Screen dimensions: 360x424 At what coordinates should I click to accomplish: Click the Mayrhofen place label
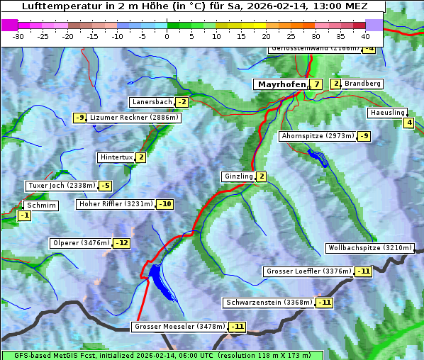click(281, 84)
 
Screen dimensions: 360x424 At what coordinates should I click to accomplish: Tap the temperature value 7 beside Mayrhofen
click(316, 84)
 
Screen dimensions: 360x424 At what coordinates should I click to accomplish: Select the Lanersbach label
click(152, 102)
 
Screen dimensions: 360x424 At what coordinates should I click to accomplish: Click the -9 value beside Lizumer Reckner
click(80, 118)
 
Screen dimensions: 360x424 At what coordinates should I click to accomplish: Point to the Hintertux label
click(116, 157)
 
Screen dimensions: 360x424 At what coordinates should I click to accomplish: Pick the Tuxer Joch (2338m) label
click(61, 186)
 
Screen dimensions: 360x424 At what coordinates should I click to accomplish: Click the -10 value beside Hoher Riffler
click(164, 204)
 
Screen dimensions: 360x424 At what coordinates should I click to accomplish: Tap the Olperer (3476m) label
click(81, 243)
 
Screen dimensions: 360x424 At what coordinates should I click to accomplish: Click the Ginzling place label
click(238, 176)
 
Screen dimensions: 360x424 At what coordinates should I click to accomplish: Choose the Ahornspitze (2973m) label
click(318, 135)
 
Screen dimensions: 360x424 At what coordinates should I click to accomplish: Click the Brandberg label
click(363, 84)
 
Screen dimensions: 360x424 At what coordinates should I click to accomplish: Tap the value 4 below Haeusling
click(408, 123)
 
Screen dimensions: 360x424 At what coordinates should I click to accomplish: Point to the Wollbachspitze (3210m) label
click(369, 248)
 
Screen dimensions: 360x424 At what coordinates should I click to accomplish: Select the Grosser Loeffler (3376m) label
click(308, 271)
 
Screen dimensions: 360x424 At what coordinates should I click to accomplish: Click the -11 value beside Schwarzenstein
click(324, 303)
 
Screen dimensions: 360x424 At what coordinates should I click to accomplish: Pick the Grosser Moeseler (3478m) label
click(179, 327)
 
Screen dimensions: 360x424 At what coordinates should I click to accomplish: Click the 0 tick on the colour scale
click(167, 35)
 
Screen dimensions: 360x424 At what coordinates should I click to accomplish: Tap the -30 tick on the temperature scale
click(18, 35)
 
